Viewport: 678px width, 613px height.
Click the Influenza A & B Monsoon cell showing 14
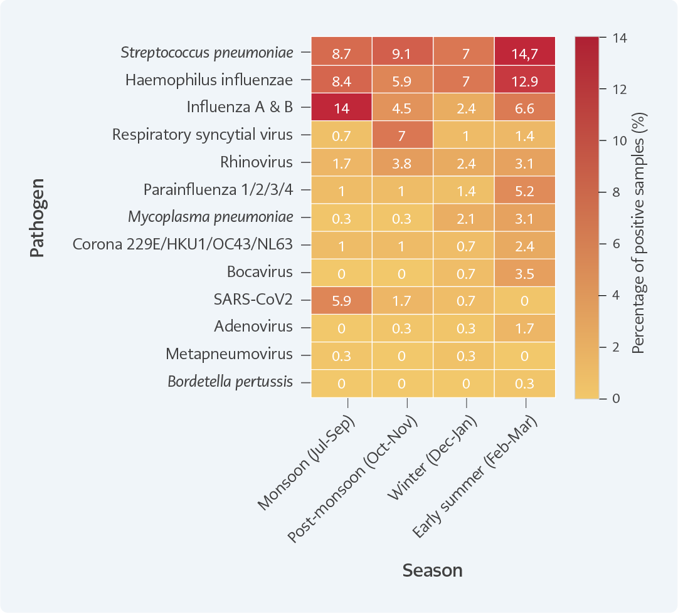click(x=341, y=108)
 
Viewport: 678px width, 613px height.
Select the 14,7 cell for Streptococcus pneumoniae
click(x=525, y=53)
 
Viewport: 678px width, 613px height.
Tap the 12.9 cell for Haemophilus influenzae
click(x=525, y=80)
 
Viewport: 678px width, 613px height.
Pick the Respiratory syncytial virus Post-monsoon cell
click(x=402, y=135)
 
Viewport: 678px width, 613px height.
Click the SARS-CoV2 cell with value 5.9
click(x=341, y=300)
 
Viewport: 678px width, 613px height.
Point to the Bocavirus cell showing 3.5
click(x=525, y=273)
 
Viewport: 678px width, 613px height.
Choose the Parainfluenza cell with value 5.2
click(x=525, y=191)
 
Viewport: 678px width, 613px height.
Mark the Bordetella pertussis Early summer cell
click(x=525, y=382)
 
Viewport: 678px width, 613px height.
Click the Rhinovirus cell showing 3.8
click(x=402, y=163)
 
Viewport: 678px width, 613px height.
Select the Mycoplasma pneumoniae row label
click(x=211, y=217)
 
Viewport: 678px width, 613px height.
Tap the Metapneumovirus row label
click(x=229, y=354)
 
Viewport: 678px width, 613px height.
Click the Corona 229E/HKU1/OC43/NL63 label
click(x=183, y=245)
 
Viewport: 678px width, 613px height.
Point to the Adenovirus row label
click(x=253, y=327)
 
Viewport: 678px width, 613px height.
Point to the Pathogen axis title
click(x=37, y=217)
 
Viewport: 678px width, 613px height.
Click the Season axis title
click(x=433, y=570)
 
